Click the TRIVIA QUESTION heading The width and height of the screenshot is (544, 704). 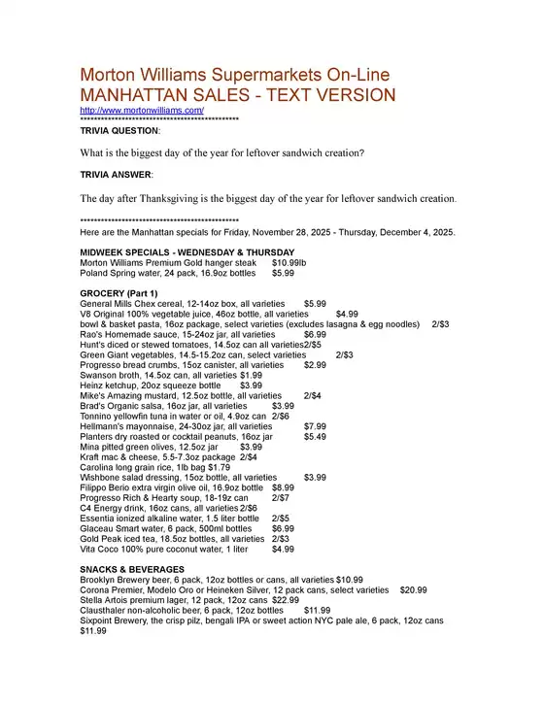click(119, 129)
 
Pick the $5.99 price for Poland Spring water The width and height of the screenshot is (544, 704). click(283, 274)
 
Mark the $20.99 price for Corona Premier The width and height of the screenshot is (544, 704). click(413, 589)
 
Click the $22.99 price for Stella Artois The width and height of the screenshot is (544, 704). click(257, 600)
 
